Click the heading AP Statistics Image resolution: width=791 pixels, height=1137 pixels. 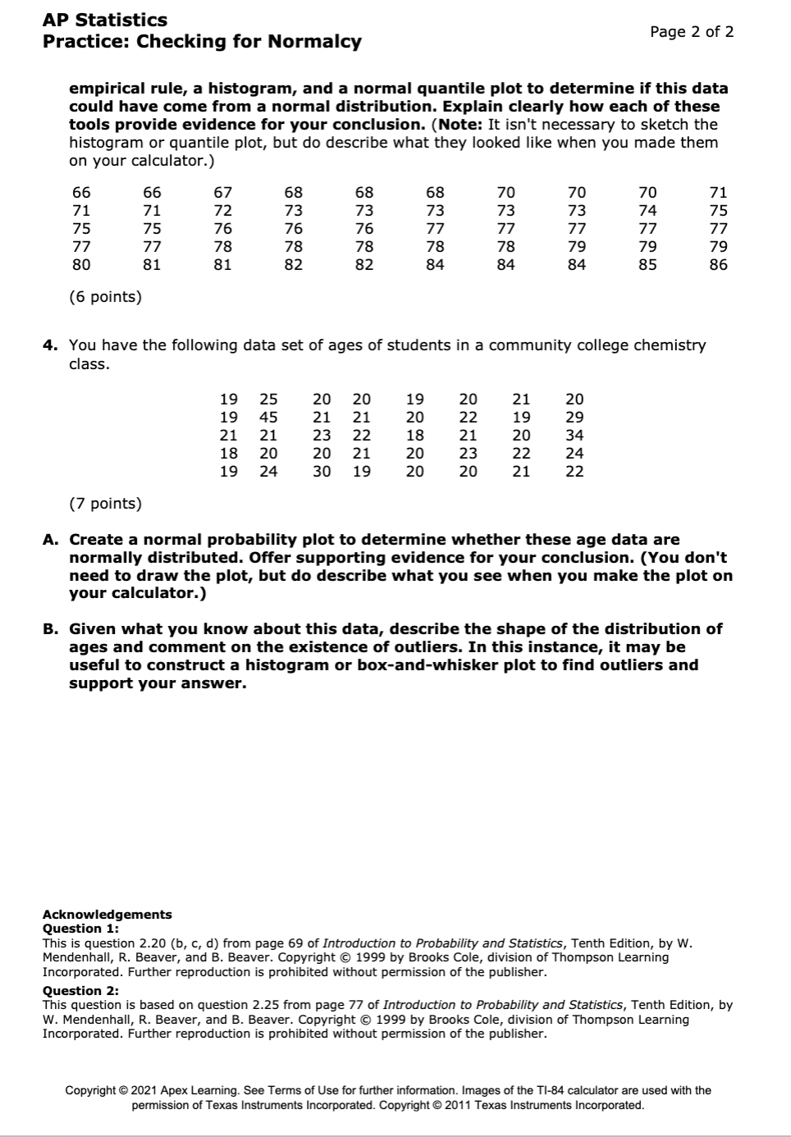[104, 20]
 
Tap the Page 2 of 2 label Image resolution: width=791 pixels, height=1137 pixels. [691, 32]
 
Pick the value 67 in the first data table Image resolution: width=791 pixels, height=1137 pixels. [222, 193]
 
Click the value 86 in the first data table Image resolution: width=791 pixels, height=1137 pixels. [718, 265]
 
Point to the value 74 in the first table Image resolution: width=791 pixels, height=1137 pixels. [647, 211]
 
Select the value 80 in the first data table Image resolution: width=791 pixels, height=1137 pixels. [81, 265]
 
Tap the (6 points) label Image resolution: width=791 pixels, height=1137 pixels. [105, 297]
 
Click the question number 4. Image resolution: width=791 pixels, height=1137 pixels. [50, 345]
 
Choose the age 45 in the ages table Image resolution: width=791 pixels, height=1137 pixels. [268, 418]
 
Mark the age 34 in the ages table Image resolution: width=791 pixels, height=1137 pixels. [574, 436]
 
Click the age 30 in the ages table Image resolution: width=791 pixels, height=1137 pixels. [322, 472]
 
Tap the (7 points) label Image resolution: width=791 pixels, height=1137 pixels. [105, 504]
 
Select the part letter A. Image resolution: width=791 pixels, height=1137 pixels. [50, 540]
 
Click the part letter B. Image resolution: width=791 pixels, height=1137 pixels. [50, 629]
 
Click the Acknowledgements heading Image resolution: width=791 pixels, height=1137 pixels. [107, 915]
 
